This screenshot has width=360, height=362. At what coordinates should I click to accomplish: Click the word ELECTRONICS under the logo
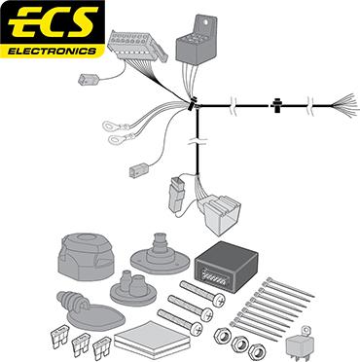click(53, 48)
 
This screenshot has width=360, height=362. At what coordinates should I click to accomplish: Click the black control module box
click(227, 264)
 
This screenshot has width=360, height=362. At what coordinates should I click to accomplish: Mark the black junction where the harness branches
click(195, 104)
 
